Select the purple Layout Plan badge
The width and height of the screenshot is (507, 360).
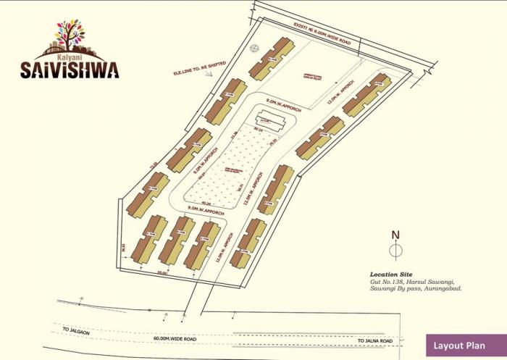click(463, 346)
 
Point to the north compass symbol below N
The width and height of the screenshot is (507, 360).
click(395, 251)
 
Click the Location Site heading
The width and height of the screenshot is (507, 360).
click(391, 275)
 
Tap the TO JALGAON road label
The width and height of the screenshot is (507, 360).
click(75, 330)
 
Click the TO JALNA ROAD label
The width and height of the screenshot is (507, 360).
click(375, 340)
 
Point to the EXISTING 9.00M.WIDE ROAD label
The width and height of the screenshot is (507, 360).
click(322, 34)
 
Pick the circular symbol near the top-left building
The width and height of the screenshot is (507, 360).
click(254, 49)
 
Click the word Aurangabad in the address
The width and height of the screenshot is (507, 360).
click(440, 288)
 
